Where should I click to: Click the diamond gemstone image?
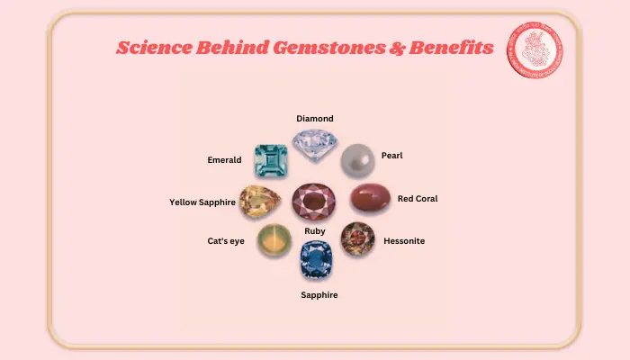(x=314, y=144)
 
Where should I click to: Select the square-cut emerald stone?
(x=270, y=161)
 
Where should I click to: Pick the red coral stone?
(x=368, y=199)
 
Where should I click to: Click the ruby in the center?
(x=314, y=202)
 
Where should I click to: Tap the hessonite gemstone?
(x=357, y=239)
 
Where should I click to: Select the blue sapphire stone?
(x=316, y=260)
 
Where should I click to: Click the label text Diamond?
(x=315, y=118)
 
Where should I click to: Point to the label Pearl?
(x=391, y=156)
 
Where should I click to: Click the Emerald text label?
(x=224, y=160)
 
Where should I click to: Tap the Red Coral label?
(x=418, y=199)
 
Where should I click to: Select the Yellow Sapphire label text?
(x=202, y=202)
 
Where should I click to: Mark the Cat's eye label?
(x=226, y=241)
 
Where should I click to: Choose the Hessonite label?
(x=404, y=241)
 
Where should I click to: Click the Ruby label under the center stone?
(x=315, y=231)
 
